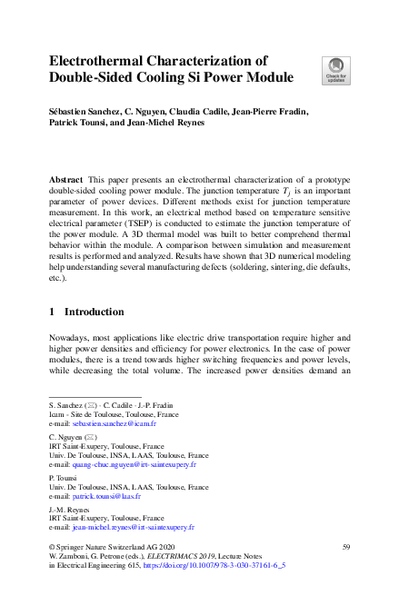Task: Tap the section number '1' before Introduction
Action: pyautogui.click(x=52, y=312)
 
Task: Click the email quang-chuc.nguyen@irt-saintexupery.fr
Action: pyautogui.click(x=135, y=463)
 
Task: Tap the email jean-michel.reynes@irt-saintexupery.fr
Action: pyautogui.click(x=135, y=527)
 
